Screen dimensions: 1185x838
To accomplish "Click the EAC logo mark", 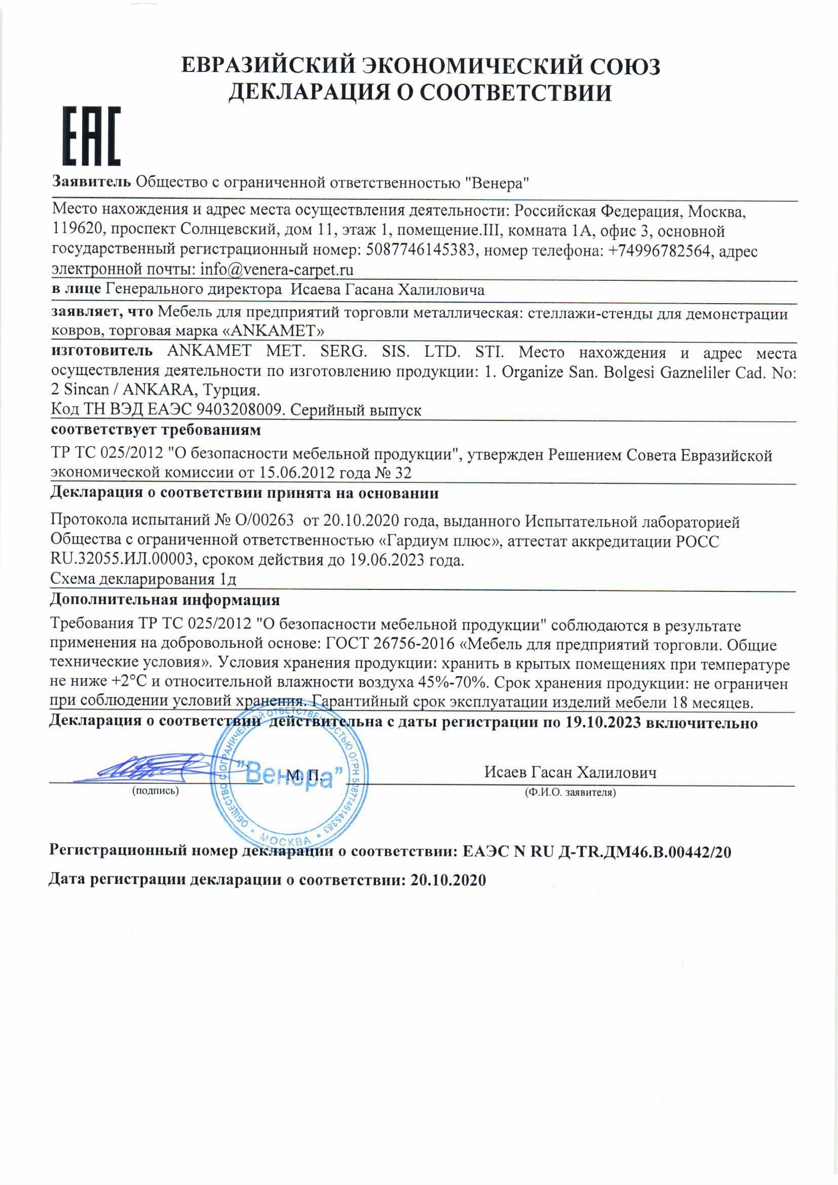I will [92, 135].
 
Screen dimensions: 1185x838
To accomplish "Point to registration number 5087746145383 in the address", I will [420, 251].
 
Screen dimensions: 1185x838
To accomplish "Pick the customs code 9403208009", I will [240, 411].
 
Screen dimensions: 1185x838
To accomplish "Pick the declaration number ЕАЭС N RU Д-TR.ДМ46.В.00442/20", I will [596, 851].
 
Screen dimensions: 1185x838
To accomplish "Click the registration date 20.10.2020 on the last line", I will [448, 880].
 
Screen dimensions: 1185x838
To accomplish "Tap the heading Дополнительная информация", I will [165, 600].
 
